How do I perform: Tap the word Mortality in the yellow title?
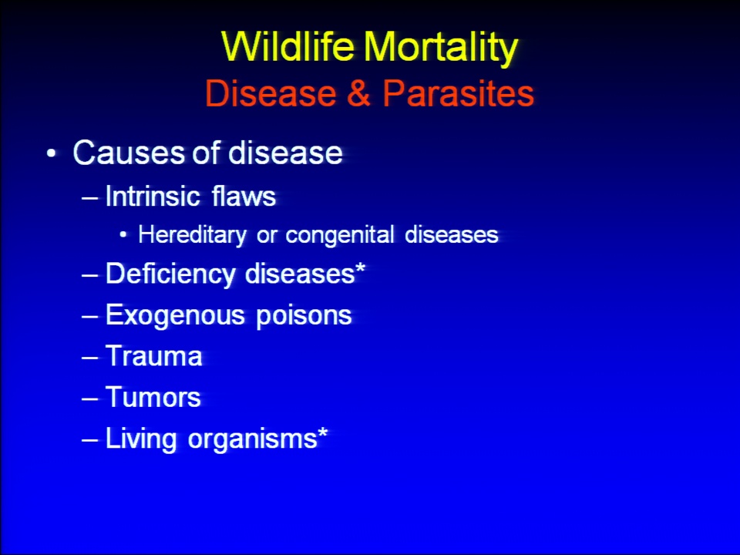pyautogui.click(x=441, y=49)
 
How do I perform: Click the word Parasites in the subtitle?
pyautogui.click(x=458, y=92)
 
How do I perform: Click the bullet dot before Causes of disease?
pyautogui.click(x=52, y=153)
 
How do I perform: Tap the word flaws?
pyautogui.click(x=244, y=195)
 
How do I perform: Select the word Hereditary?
pyautogui.click(x=192, y=235)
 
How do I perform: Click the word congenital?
pyautogui.click(x=340, y=235)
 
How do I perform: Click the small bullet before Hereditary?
pyautogui.click(x=123, y=235)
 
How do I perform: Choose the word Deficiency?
pyautogui.click(x=170, y=274)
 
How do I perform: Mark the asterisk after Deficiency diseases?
pyautogui.click(x=360, y=269)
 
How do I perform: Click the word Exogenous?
pyautogui.click(x=175, y=315)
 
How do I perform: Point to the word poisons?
pyautogui.click(x=304, y=315)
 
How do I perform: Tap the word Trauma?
pyautogui.click(x=154, y=356)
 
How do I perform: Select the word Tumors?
pyautogui.click(x=153, y=397)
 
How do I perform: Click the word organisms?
pyautogui.click(x=252, y=439)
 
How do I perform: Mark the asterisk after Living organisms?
pyautogui.click(x=322, y=433)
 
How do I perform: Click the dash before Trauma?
pyautogui.click(x=89, y=357)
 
